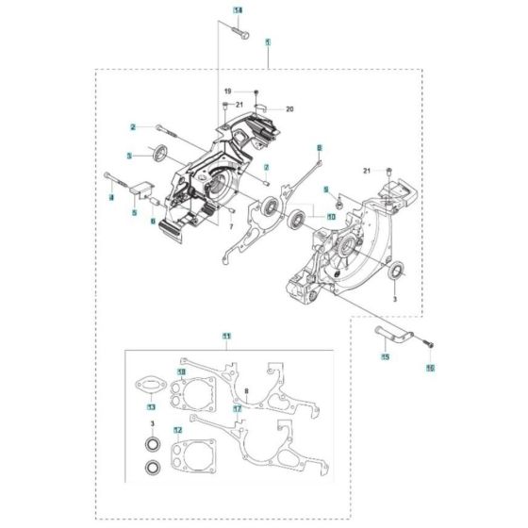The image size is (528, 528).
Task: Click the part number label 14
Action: coord(238,9)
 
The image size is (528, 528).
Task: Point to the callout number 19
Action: coord(227,90)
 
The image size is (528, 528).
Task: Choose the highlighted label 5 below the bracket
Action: coord(133,212)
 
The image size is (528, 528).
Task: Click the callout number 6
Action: coord(153,221)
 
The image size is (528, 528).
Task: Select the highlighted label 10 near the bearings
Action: coord(305,217)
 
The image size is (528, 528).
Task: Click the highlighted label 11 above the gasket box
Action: coord(226,337)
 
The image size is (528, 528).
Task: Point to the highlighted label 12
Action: coord(175,431)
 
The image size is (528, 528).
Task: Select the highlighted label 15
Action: coord(385,357)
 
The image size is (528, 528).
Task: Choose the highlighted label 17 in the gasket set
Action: coord(239,408)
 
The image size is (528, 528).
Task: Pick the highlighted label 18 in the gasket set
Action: coord(182,372)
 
